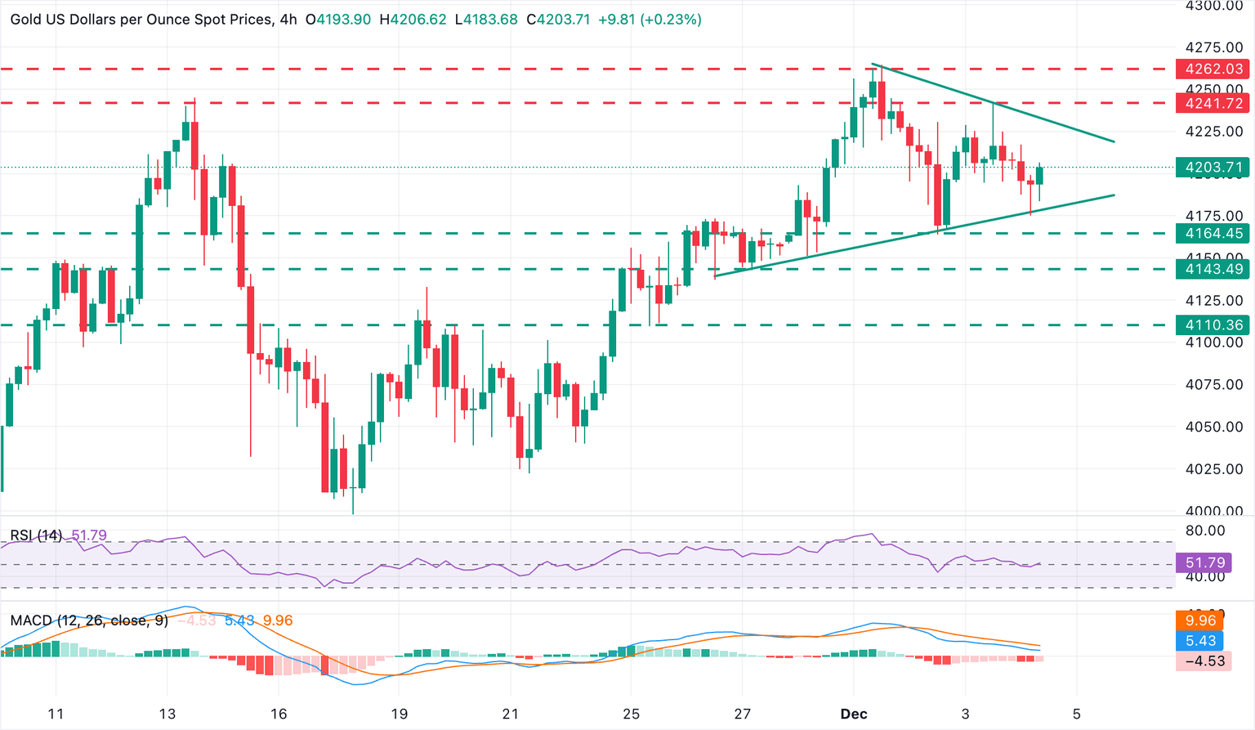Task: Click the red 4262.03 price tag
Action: [1211, 69]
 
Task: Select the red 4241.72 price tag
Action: [1211, 103]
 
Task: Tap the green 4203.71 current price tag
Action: [1211, 168]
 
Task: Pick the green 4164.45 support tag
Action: [1211, 234]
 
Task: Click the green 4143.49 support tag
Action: [1211, 269]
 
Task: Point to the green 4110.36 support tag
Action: [1211, 325]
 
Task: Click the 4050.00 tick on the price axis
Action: [1213, 427]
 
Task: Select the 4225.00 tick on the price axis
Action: [1213, 131]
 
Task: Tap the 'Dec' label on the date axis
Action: [854, 714]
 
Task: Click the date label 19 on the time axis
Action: [398, 714]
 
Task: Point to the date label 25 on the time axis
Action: [630, 714]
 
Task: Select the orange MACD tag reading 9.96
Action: [1199, 620]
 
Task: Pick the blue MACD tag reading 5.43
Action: [1199, 641]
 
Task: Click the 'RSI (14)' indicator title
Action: [36, 535]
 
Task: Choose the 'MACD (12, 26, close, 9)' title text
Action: [89, 620]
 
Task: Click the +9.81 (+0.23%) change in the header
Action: [650, 19]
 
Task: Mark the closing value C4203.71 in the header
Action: [558, 19]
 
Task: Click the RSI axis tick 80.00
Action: [1204, 531]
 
